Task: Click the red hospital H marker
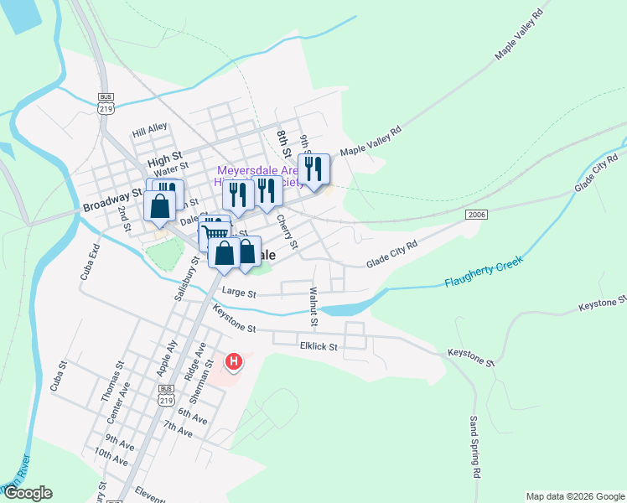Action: click(x=235, y=362)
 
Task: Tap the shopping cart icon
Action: click(x=215, y=234)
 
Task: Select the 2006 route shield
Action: click(x=476, y=215)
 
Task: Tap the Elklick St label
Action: click(x=318, y=345)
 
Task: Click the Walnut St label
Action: click(x=313, y=306)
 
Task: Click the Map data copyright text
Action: click(x=575, y=496)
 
